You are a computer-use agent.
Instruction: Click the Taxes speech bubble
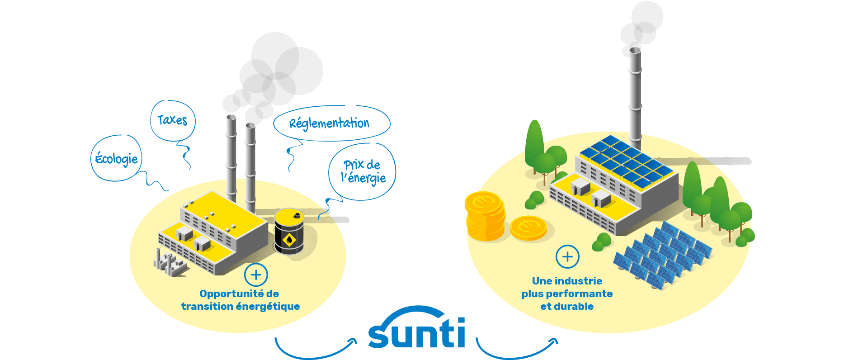[x=172, y=120]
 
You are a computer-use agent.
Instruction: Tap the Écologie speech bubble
[x=116, y=158]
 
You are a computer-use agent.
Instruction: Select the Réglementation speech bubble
[x=331, y=123]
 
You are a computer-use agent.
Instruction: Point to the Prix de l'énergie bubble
[x=362, y=171]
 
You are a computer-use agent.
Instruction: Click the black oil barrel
[x=289, y=231]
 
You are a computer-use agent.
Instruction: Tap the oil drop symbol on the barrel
[x=289, y=240]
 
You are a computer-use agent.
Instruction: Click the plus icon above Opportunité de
[x=256, y=275]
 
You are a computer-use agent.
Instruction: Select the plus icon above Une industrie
[x=567, y=257]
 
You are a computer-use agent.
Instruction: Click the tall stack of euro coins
[x=485, y=216]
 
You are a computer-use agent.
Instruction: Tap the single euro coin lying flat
[x=528, y=228]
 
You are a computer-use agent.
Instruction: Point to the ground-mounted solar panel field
[x=662, y=256]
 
